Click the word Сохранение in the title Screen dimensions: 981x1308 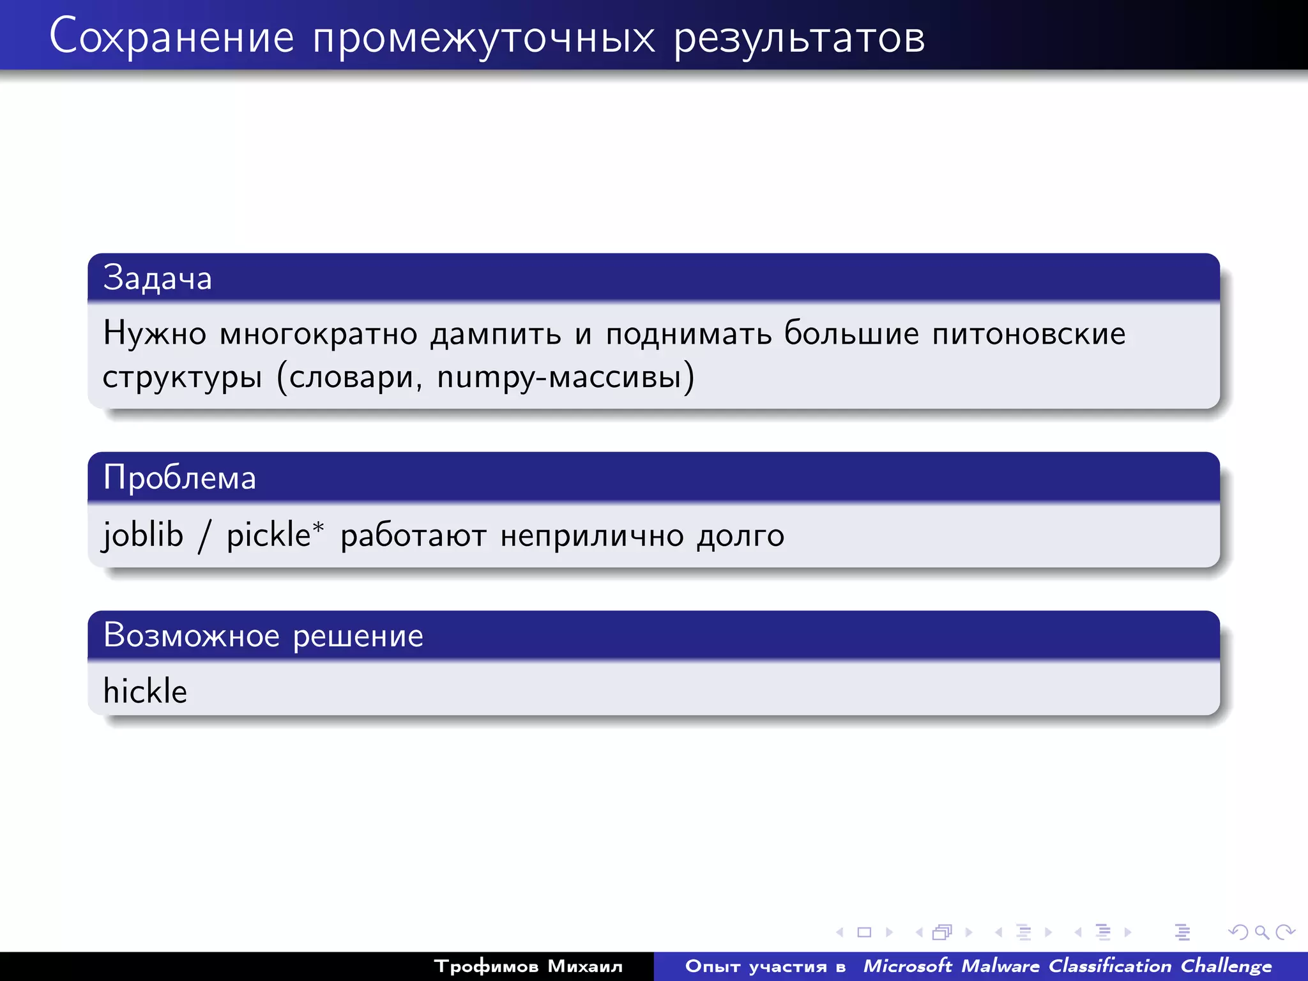tap(171, 37)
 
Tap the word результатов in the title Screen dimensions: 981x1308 tap(799, 37)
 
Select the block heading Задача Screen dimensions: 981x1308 tap(157, 278)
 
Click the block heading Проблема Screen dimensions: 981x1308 tap(179, 478)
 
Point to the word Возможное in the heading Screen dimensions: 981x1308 tap(192, 635)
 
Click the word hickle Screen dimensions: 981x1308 tap(145, 691)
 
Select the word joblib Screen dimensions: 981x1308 tap(143, 535)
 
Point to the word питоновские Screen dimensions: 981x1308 tap(1028, 333)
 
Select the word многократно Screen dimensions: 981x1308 tap(319, 333)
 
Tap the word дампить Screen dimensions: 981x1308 tap(496, 333)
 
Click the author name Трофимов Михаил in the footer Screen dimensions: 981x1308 tap(528, 966)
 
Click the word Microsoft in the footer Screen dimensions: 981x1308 tap(907, 966)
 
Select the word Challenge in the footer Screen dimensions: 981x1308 tap(1226, 966)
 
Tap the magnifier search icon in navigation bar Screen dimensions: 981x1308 tap(1261, 932)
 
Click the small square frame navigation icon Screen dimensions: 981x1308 tap(864, 932)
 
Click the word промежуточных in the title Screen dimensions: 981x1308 tap(483, 37)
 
